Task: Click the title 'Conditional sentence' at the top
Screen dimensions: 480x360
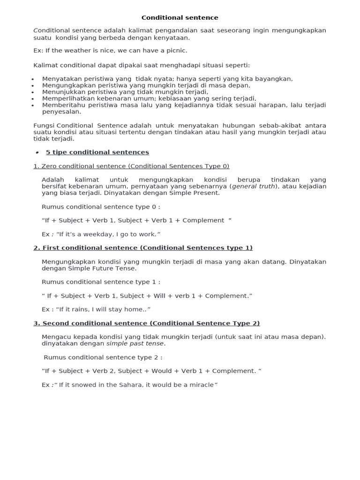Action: pos(180,18)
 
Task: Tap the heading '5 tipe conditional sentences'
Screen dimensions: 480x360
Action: pos(97,152)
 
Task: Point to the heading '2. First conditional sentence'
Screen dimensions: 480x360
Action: pos(143,247)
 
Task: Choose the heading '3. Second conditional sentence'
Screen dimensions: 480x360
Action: pos(146,323)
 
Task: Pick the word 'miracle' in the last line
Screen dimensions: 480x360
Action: pos(199,385)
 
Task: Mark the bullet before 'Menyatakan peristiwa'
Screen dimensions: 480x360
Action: pos(32,79)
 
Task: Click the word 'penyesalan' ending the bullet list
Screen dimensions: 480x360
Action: pos(61,112)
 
